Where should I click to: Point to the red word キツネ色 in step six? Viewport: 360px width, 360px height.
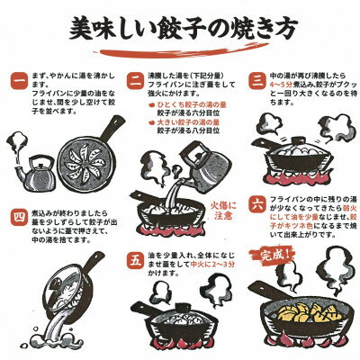297,254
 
